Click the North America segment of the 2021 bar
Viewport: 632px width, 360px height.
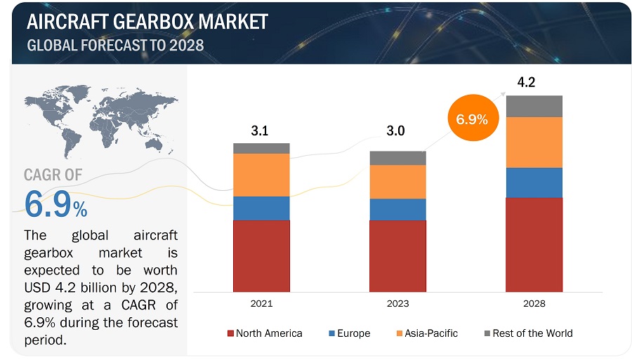tap(261, 255)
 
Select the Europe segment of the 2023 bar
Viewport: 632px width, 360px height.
tap(397, 209)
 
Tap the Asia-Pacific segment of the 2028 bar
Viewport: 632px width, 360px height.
tap(534, 142)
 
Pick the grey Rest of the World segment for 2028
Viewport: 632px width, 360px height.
tap(534, 106)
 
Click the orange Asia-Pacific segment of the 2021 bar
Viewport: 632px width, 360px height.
tap(261, 175)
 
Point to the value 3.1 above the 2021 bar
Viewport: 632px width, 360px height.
tap(261, 131)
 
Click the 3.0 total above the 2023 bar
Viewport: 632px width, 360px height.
tap(395, 131)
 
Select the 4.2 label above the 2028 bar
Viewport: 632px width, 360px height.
tap(527, 83)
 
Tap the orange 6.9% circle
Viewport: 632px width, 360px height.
tap(472, 119)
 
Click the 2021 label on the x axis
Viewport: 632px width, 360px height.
tap(261, 304)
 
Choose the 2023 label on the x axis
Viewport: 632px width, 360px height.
tap(397, 304)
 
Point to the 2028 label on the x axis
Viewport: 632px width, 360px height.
tap(534, 304)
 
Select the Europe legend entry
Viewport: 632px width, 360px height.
tap(349, 333)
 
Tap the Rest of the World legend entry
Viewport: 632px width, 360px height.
tap(528, 333)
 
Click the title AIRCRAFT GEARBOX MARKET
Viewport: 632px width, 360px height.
tap(147, 21)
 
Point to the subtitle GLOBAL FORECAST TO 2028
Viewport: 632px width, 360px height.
tap(115, 46)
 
